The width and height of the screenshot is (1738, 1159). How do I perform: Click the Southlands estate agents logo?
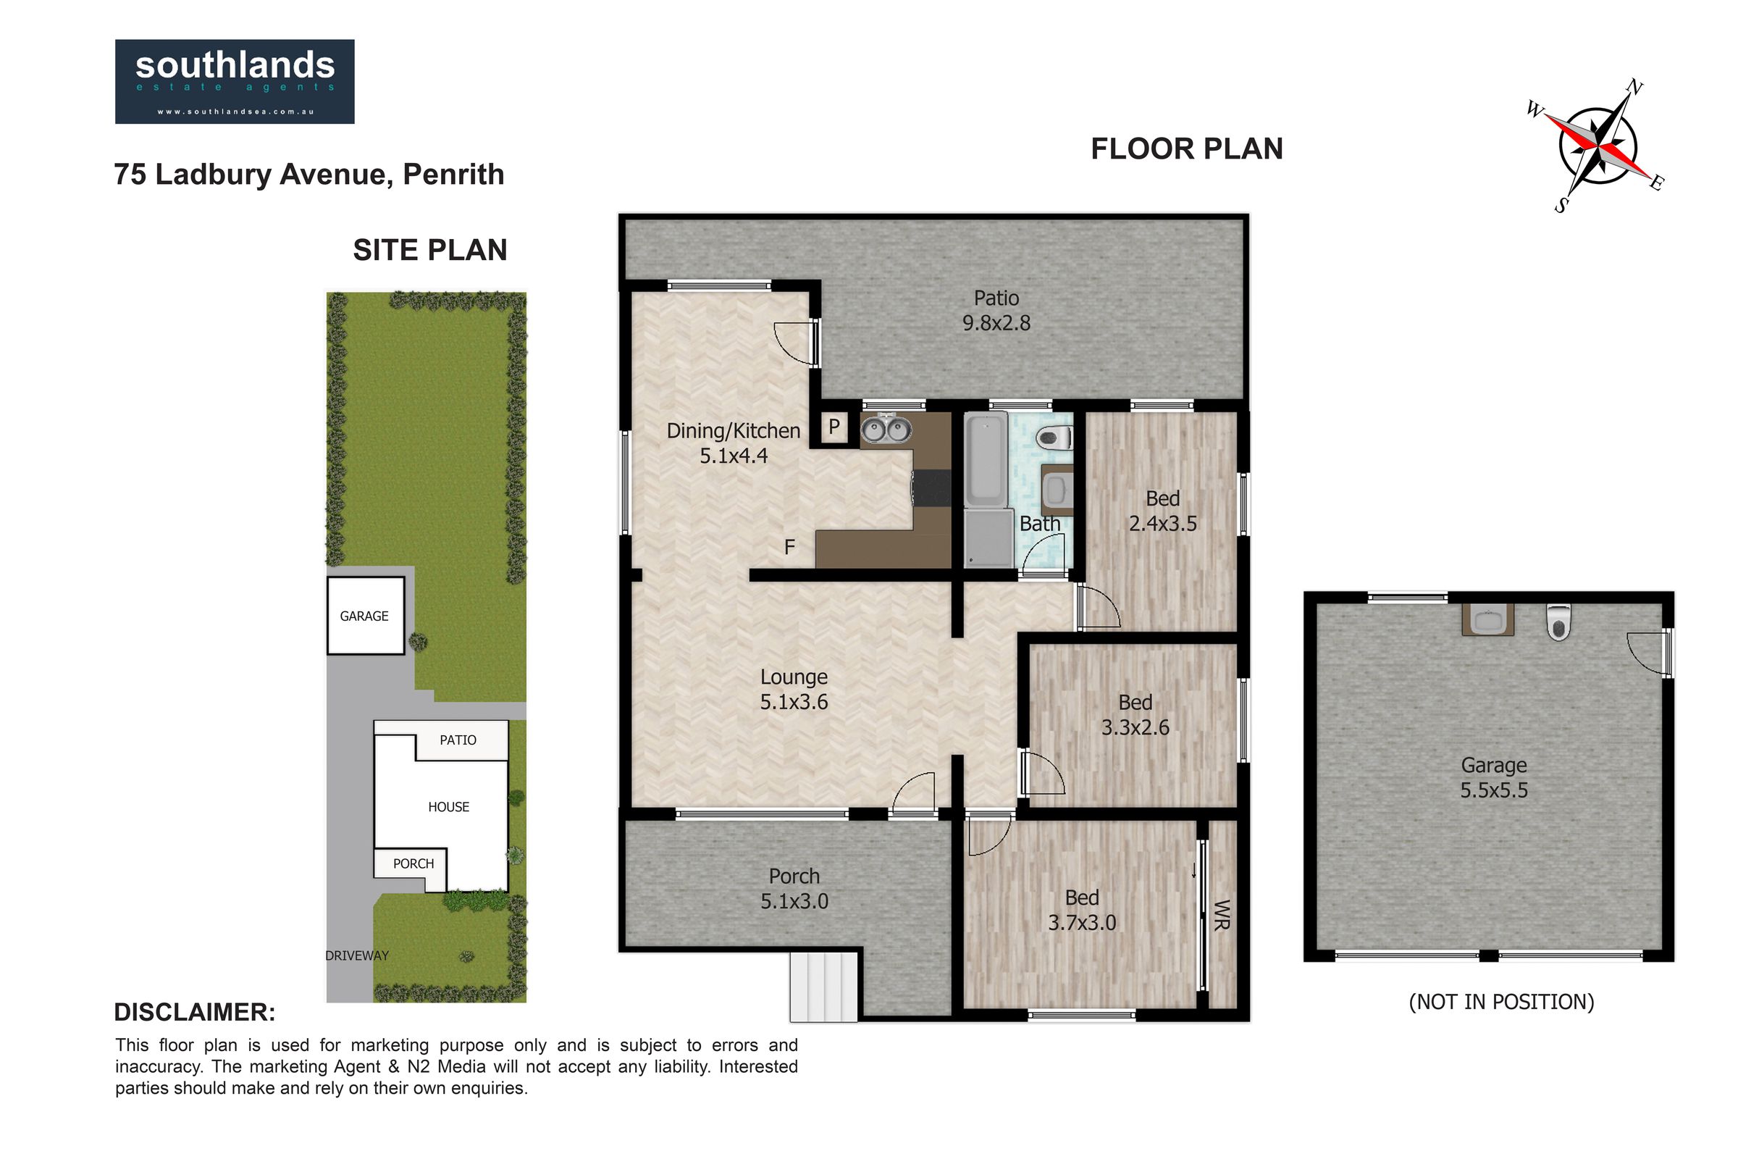[234, 81]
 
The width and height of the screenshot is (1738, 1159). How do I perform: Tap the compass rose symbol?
[1597, 146]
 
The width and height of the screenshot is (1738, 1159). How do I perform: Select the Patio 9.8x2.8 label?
[996, 311]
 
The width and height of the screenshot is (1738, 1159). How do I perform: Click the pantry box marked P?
[834, 427]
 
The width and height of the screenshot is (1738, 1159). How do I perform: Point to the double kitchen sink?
[886, 430]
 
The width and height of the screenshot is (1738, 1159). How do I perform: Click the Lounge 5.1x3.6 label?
[794, 690]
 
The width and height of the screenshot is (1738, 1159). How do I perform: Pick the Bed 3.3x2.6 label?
[1135, 715]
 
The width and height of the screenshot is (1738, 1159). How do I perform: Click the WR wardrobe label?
[1222, 915]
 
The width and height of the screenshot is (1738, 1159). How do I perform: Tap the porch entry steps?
[823, 987]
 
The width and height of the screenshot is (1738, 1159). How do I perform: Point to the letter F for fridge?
[789, 547]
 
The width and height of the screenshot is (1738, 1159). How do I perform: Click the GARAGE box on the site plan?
[366, 616]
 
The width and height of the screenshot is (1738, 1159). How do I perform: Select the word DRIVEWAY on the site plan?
[357, 955]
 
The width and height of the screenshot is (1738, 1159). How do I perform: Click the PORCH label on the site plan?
[413, 863]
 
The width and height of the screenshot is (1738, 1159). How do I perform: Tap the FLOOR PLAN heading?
[1187, 148]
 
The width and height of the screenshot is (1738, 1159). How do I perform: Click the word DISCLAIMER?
[194, 1012]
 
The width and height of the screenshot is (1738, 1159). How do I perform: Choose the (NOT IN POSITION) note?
[1501, 1003]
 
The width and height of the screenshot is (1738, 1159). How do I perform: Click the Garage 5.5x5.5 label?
[1493, 777]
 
